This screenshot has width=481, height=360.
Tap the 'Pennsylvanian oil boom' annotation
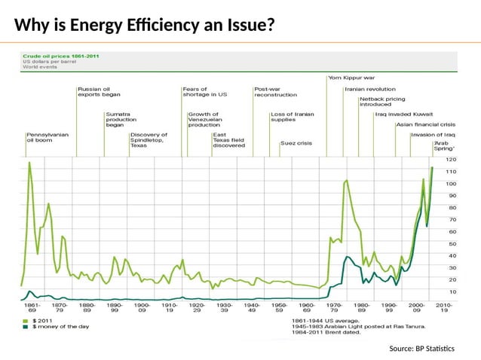tap(47, 137)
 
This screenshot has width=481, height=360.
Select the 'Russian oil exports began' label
tap(99, 92)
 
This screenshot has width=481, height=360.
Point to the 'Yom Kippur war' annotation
tap(351, 77)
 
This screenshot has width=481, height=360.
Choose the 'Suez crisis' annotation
tap(296, 143)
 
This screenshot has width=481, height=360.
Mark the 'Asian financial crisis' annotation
tap(425, 124)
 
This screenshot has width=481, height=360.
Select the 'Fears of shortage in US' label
tap(204, 92)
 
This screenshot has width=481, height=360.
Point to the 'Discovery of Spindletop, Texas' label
tap(149, 140)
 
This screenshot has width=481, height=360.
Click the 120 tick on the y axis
tap(451, 160)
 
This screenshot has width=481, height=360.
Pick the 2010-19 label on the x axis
tap(443, 307)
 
